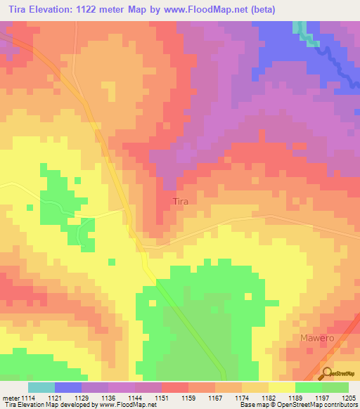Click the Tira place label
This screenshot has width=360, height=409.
(x=181, y=201)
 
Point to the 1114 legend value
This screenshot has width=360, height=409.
(x=27, y=398)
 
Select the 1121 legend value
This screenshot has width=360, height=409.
(x=54, y=398)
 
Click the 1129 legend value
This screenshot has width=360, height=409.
(x=82, y=398)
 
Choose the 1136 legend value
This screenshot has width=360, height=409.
(x=108, y=398)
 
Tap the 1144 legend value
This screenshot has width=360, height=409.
(x=134, y=398)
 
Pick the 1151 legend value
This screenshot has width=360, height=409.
(x=161, y=398)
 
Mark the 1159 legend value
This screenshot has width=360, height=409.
(x=188, y=398)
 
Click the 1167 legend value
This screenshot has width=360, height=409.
(x=214, y=398)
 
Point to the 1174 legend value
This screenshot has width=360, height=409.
(x=241, y=398)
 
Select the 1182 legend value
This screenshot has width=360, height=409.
(x=268, y=398)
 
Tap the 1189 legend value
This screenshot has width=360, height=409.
(x=295, y=398)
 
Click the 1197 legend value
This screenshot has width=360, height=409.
(x=321, y=398)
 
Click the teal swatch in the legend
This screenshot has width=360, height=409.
(x=41, y=387)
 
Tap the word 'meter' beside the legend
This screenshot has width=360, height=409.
(x=10, y=398)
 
